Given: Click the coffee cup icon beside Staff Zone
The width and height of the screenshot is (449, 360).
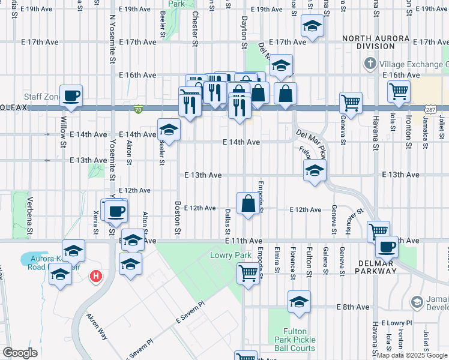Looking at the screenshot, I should tap(71, 95).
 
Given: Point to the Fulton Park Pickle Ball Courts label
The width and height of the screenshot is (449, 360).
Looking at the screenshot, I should tap(299, 340).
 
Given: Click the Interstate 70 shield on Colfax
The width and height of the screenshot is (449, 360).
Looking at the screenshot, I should tap(139, 109).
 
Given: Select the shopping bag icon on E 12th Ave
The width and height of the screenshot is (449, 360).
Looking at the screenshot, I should tap(249, 203).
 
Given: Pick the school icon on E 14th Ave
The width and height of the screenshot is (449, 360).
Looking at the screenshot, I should tap(169, 129).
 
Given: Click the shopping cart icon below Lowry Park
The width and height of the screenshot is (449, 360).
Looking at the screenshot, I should tap(248, 274).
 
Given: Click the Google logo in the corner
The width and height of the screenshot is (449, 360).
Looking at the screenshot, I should tap(20, 353).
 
